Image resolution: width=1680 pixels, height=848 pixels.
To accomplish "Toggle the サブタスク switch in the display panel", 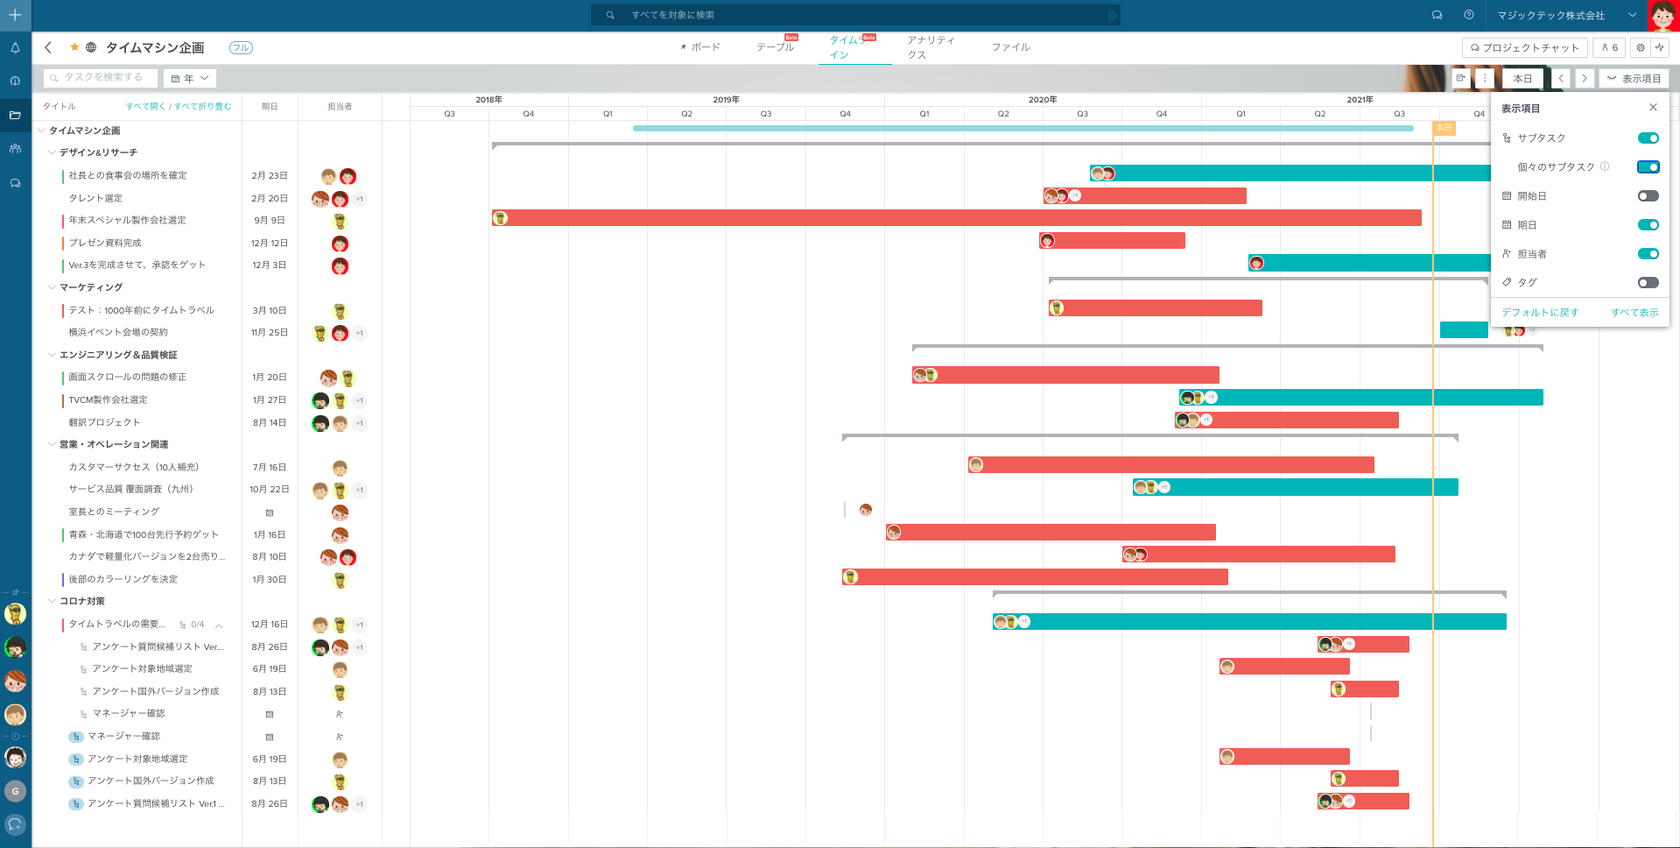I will click(1648, 138).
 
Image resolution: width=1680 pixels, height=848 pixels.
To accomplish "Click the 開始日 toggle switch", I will click(1648, 196).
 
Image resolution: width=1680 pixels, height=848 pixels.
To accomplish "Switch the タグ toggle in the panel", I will click(1648, 283).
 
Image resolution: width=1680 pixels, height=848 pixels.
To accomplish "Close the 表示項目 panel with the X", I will click(1653, 108).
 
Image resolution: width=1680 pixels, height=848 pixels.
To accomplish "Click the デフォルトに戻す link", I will click(1540, 313).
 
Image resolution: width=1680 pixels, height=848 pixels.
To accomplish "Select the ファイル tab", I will click(1010, 47).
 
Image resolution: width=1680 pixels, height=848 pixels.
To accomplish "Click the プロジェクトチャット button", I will click(1524, 48).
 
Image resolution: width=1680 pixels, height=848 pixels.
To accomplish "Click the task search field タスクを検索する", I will click(102, 78).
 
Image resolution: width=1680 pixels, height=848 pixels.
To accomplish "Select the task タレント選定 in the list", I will click(96, 198).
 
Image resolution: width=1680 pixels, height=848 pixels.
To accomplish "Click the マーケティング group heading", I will click(91, 287).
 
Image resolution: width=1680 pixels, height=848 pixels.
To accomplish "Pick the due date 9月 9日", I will click(269, 221).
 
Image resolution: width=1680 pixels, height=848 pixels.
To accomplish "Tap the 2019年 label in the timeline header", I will click(726, 100).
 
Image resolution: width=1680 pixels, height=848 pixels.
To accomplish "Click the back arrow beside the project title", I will click(48, 48).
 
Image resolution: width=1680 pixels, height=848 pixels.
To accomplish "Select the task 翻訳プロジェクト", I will click(104, 422).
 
